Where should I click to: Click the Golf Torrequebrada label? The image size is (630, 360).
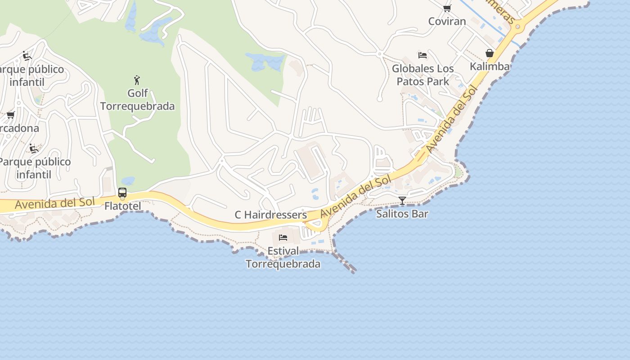137,100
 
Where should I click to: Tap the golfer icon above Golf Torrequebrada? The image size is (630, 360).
137,81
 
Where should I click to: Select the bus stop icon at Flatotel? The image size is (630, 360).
122,193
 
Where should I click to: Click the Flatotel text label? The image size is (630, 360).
122,206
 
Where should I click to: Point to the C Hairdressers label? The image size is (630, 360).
271,215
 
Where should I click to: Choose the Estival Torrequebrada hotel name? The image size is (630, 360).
283,257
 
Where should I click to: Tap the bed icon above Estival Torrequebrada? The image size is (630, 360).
283,237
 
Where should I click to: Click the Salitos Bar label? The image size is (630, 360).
402,214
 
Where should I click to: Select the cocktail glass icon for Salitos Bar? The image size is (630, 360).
402,201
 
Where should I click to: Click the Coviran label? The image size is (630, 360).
447,21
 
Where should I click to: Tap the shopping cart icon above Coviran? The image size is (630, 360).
447,8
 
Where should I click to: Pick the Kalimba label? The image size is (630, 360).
490,67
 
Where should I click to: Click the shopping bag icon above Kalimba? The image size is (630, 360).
490,54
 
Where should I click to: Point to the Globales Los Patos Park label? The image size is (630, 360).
423,75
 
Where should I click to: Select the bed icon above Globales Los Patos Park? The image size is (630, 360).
423,55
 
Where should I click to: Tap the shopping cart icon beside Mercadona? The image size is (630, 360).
10,115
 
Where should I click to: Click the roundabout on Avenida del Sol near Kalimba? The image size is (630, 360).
518,27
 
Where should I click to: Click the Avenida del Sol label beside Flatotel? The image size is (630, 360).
55,203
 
